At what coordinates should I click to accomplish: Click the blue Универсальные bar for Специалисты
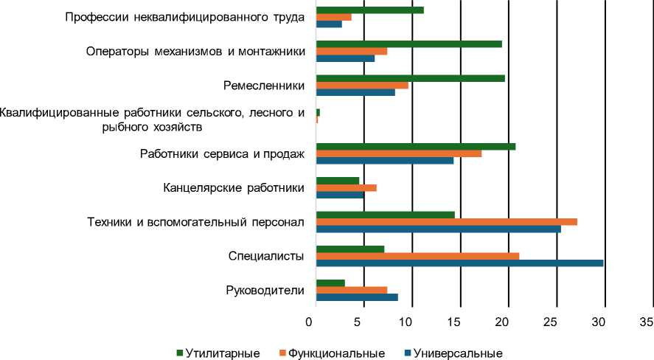point(459,263)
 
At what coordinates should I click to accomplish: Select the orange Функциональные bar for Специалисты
point(417,256)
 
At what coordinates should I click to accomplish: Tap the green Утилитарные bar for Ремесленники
point(410,77)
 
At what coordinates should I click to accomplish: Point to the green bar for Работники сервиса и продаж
point(416,146)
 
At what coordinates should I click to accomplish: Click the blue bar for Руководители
point(357,297)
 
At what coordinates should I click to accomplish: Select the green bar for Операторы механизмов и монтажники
point(408,44)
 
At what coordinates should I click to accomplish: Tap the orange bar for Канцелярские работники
point(346,188)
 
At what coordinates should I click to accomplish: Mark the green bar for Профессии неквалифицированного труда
point(369,10)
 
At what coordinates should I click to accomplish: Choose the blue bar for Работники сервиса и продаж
point(384,160)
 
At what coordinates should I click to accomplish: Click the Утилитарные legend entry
point(218,353)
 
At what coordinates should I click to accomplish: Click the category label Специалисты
point(266,256)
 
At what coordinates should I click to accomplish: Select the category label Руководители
point(265,290)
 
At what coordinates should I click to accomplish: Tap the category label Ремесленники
point(264,86)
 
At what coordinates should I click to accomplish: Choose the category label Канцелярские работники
point(234,188)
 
